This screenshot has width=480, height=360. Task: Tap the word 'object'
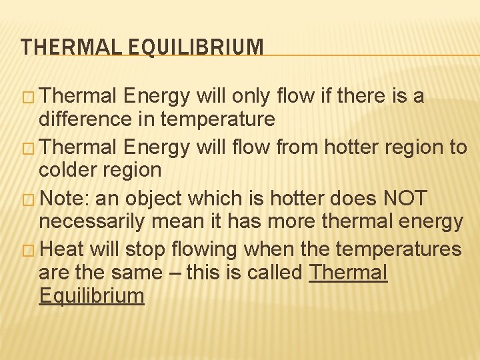click(157, 198)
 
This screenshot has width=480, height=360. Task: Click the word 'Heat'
click(61, 249)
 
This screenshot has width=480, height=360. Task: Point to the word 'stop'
click(144, 249)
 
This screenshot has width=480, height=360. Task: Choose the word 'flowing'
click(204, 249)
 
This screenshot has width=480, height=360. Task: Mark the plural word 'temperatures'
click(399, 249)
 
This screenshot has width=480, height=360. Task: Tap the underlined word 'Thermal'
click(348, 273)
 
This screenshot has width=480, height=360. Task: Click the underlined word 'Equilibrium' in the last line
click(91, 296)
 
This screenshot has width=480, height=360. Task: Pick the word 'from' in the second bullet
click(289, 147)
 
